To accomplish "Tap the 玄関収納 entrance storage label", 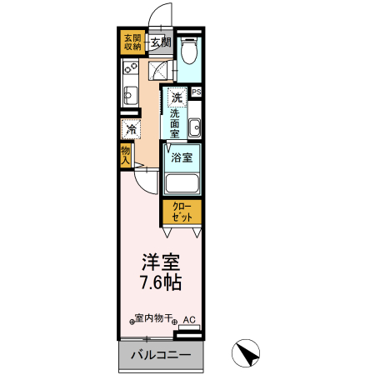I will point(133,42).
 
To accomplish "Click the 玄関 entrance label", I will point(160,42).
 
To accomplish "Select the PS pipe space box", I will point(197,92).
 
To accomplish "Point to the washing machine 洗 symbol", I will point(177,96).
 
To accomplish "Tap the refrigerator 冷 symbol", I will point(131,129).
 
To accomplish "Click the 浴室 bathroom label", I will point(181,157).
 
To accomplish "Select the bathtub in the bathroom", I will point(182,183).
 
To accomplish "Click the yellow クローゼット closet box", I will point(182,211).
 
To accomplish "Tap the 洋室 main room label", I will point(160,259).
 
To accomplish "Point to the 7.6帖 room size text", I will point(160,283).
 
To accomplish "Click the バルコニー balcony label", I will point(160,356).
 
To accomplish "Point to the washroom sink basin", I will point(194,128).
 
